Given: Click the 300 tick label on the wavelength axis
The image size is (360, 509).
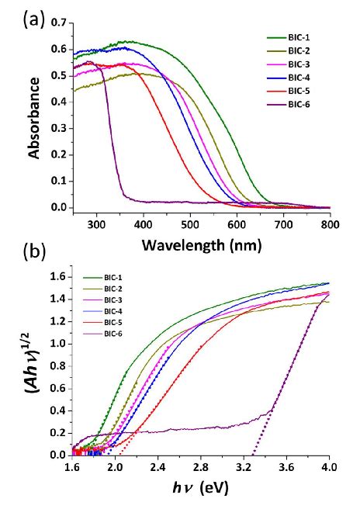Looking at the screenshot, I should click(x=96, y=225).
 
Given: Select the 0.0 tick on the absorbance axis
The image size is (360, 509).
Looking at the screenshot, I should click(x=56, y=208).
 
